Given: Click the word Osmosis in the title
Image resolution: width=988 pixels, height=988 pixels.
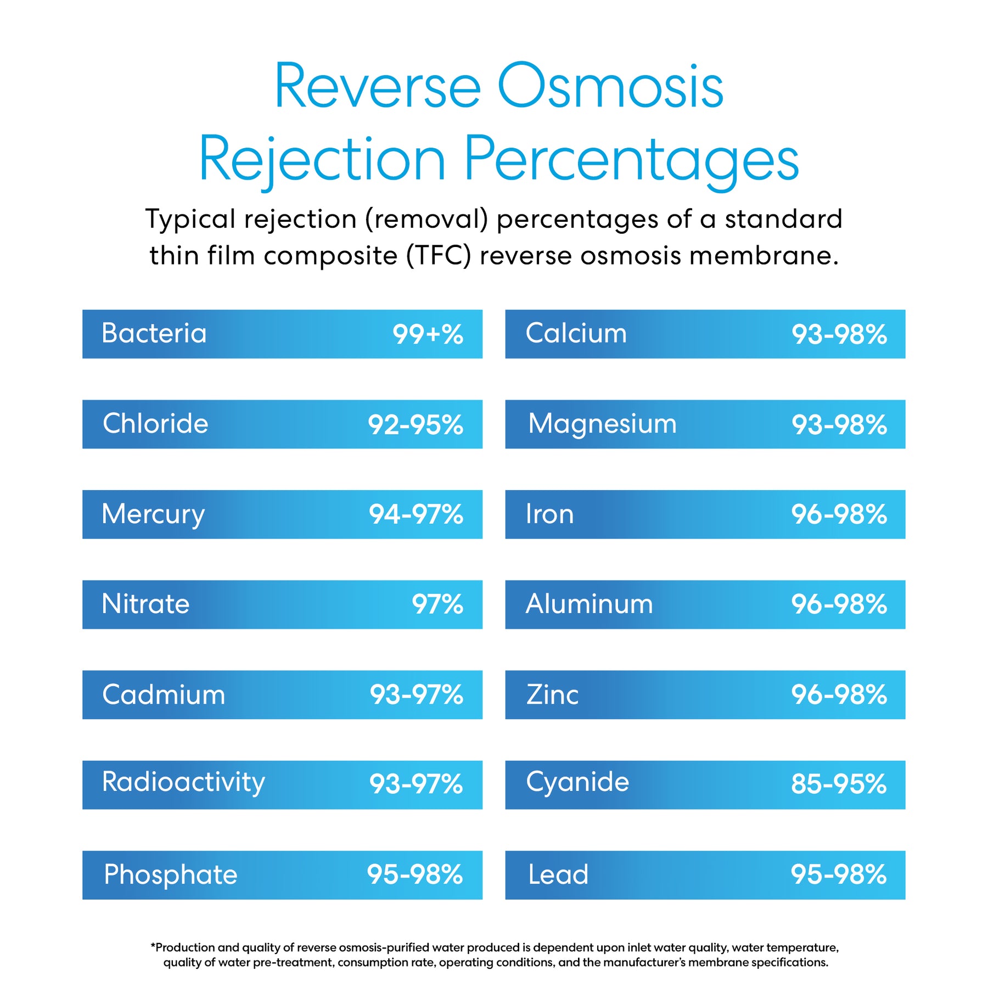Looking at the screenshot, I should pos(610,87).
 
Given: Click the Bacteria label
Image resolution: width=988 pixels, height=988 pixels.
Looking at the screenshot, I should pos(154,334).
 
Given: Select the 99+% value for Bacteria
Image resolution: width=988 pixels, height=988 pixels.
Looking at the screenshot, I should pos(428,335).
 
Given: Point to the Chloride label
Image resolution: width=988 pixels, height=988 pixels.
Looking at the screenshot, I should pos(155,424).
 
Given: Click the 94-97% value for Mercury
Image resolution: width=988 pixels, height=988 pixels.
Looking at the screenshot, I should pos(416,515).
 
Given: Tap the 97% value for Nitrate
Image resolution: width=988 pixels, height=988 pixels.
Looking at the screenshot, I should pos(437,605).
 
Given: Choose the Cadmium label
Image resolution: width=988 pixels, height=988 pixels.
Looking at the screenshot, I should pos(164,695).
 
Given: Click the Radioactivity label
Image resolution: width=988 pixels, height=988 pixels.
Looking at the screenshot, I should pos(183,783).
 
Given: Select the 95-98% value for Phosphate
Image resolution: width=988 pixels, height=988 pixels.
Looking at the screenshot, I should pos(414,875).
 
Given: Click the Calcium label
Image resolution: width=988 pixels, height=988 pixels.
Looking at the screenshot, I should pos(576,334).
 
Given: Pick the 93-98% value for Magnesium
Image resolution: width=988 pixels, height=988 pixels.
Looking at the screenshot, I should pos(839,425).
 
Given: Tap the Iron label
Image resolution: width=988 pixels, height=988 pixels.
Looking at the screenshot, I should pos(549,515).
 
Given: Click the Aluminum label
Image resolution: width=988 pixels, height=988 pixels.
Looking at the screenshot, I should pos(589,604).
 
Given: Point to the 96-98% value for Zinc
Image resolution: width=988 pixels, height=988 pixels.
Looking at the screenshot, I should pos(839,695).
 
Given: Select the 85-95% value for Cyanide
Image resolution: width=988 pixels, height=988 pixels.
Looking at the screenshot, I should pos(839,784).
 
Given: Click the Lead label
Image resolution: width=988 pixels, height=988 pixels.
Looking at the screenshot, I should pos(558,875).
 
